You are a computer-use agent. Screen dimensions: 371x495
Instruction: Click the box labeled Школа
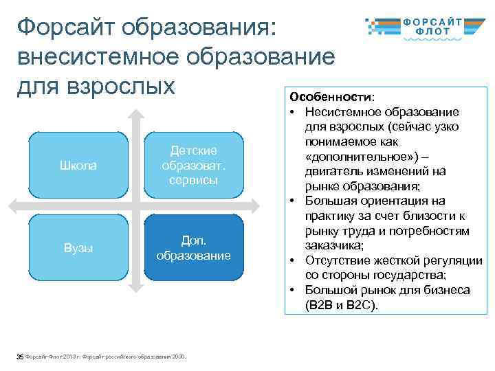click(78, 165)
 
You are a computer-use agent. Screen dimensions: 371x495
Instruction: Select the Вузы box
click(78, 247)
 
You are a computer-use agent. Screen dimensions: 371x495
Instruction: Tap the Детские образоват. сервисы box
click(193, 165)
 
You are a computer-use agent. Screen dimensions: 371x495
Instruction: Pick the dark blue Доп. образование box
click(193, 247)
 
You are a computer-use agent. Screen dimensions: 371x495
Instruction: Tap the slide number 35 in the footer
click(20, 355)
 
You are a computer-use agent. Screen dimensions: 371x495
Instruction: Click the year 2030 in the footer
click(179, 355)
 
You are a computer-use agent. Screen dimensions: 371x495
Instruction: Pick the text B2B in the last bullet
click(319, 305)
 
